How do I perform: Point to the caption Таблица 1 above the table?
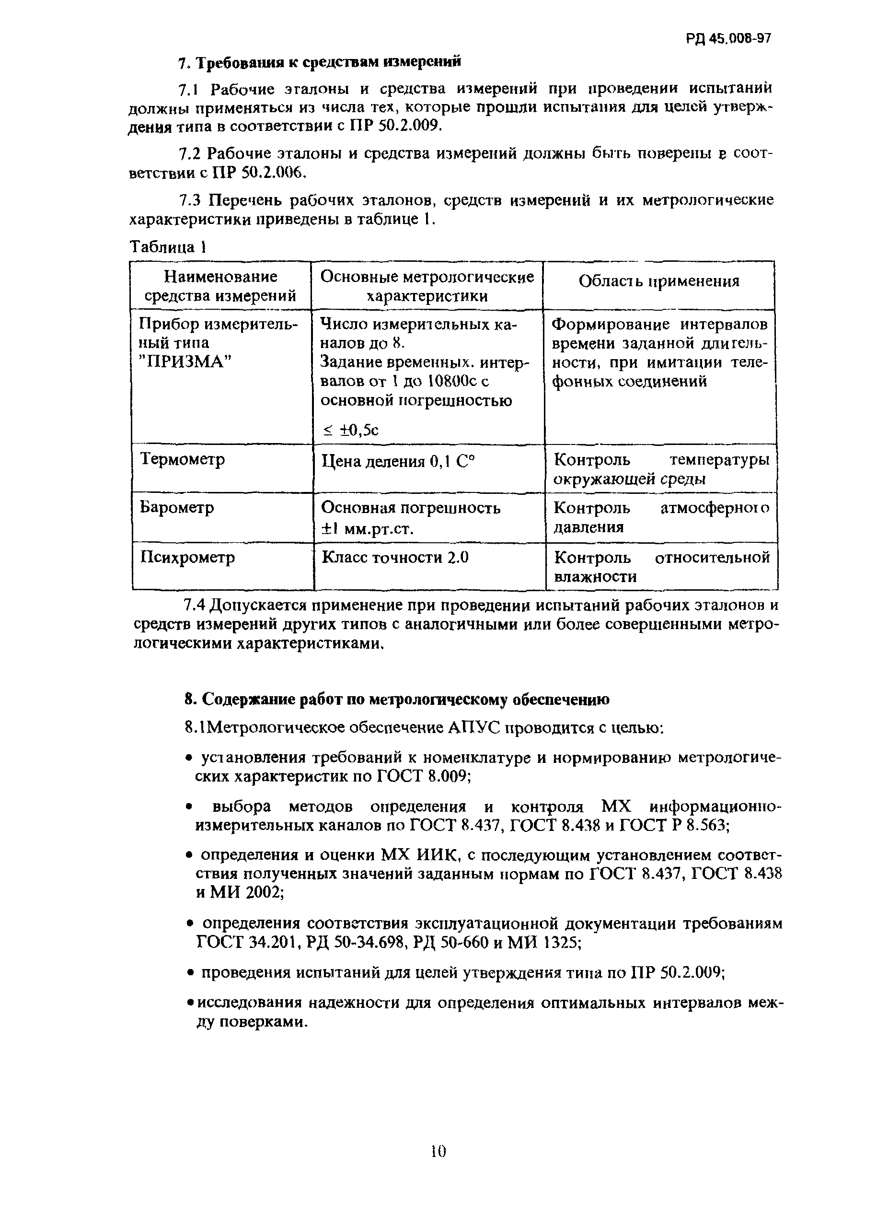(168, 247)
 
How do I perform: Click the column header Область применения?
(658, 281)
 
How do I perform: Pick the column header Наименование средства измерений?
(220, 286)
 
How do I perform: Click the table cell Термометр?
(182, 459)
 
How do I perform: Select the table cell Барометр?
(177, 507)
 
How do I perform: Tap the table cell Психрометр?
(187, 557)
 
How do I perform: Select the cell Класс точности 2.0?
(395, 557)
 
